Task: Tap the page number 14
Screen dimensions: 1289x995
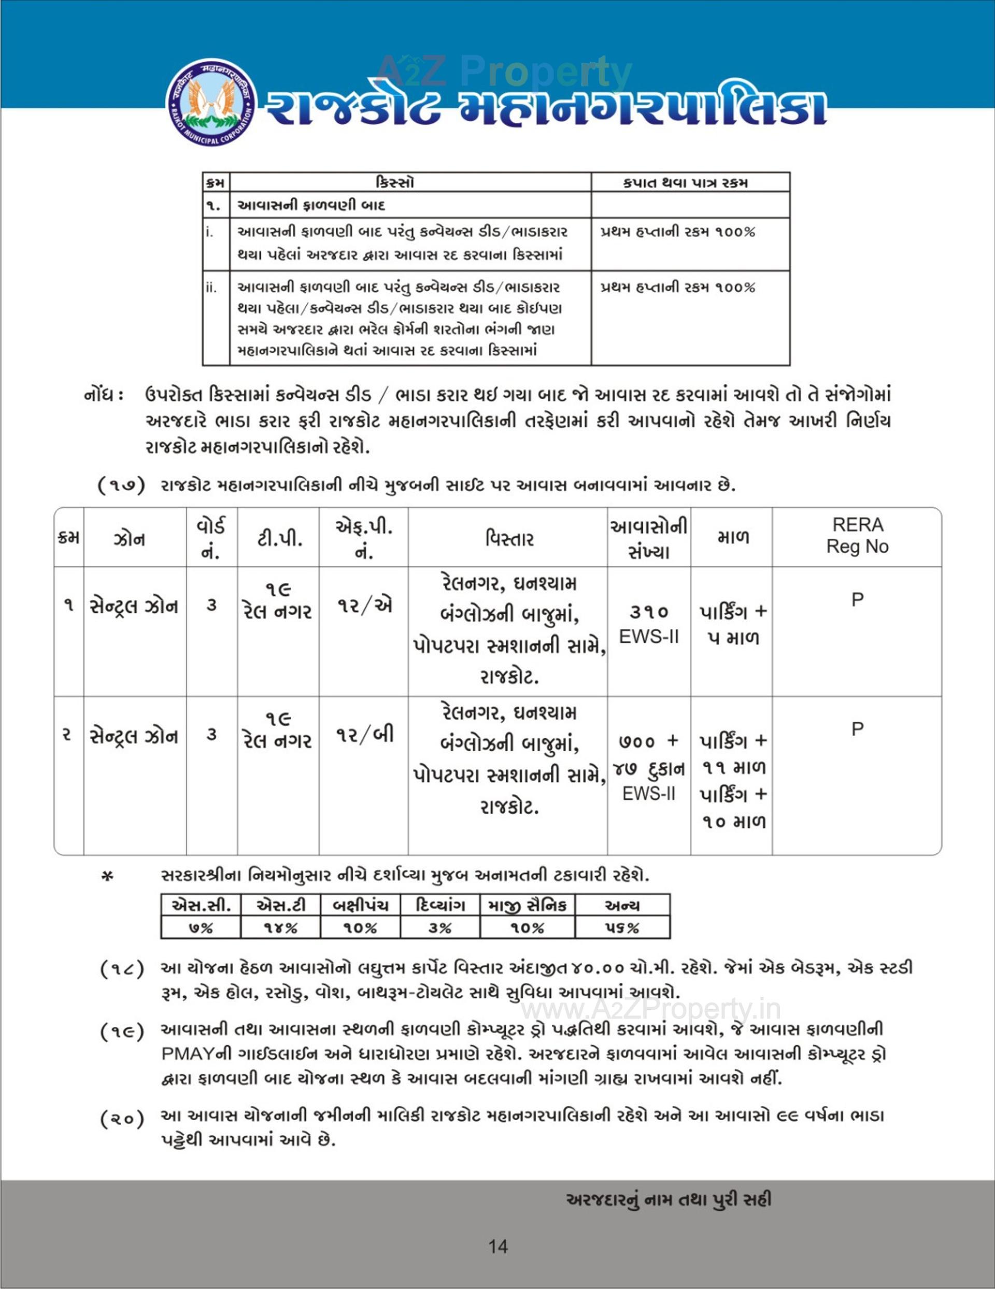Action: click(498, 1247)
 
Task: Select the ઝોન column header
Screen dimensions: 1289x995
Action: click(129, 539)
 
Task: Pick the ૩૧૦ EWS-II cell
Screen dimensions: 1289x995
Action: click(649, 624)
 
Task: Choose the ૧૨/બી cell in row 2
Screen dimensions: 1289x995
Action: click(364, 735)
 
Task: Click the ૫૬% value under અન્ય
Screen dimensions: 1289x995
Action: click(622, 928)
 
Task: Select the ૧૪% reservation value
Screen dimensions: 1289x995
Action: click(280, 928)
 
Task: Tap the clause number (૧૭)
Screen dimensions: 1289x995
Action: click(121, 486)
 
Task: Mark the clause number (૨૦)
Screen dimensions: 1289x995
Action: click(122, 1119)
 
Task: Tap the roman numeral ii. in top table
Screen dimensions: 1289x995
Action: click(211, 288)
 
